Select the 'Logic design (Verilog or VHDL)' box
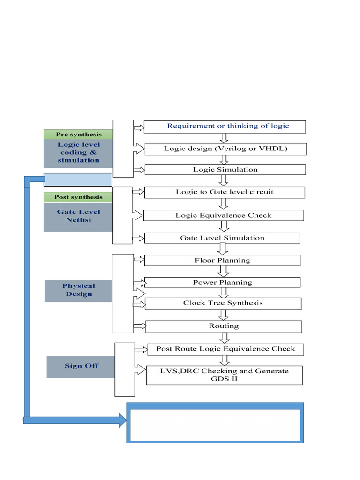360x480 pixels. point(225,149)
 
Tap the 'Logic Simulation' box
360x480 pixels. point(225,170)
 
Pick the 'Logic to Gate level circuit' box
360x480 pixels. point(225,192)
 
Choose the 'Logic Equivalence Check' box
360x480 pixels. point(224,216)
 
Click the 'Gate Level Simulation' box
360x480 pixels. point(222,238)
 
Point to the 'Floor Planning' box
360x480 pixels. point(222,261)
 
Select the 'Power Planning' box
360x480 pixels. point(222,283)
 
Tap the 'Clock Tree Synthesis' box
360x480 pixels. point(223,303)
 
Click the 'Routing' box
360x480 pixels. point(224,326)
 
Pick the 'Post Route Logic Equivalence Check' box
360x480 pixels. point(225,349)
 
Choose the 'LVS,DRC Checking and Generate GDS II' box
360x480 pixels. point(225,375)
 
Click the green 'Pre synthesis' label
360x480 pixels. point(78,135)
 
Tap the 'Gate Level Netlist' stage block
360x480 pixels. point(78,217)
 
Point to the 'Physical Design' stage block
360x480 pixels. point(78,291)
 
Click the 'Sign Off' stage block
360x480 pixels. point(81,366)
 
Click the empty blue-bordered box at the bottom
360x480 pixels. point(215,425)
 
